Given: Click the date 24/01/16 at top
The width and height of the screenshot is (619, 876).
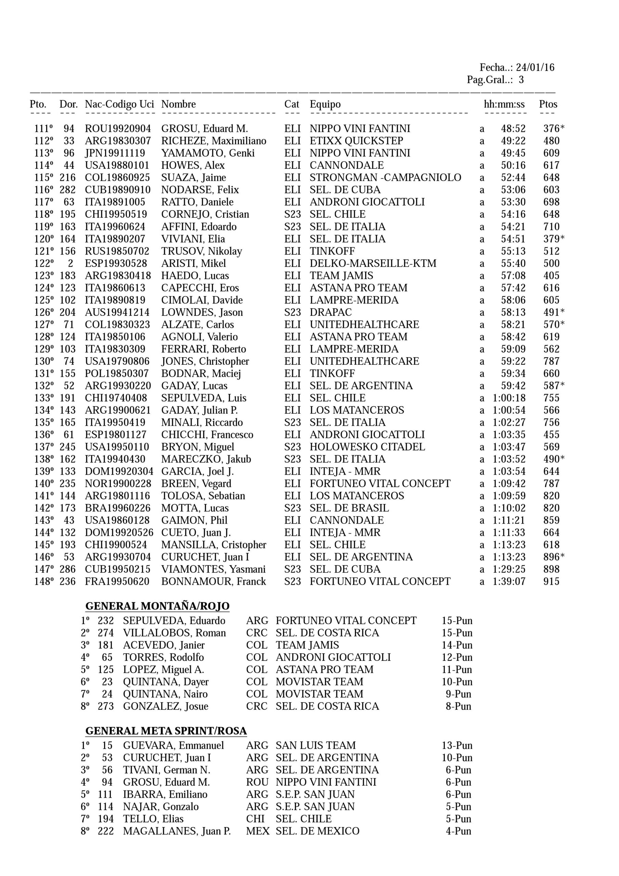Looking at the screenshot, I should [535, 67].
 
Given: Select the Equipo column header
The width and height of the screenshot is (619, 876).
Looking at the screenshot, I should [325, 104].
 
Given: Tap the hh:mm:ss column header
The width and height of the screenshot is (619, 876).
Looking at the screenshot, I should [504, 104].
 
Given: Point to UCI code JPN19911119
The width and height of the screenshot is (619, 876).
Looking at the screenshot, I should [115, 153].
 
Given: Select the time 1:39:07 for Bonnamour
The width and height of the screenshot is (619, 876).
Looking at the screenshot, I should [509, 581].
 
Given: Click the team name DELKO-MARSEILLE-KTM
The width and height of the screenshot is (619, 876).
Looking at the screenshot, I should [373, 263].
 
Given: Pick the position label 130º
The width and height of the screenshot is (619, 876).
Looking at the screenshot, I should [44, 361].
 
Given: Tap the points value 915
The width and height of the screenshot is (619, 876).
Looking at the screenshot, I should [552, 581].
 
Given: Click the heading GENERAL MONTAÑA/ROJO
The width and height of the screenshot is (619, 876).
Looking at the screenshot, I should [157, 606].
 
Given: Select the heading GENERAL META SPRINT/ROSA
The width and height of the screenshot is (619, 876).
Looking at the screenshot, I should [166, 731].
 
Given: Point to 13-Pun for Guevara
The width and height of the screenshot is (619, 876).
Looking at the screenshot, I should [457, 746].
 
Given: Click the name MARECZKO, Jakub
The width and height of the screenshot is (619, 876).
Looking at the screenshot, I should [206, 459].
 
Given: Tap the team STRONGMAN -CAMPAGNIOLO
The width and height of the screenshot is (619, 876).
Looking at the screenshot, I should [385, 177].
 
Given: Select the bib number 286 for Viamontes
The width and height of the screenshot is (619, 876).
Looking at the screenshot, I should [67, 569].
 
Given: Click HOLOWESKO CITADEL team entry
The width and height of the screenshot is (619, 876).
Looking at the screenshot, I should [367, 447].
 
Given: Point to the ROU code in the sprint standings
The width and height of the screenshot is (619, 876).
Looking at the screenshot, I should [257, 782].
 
